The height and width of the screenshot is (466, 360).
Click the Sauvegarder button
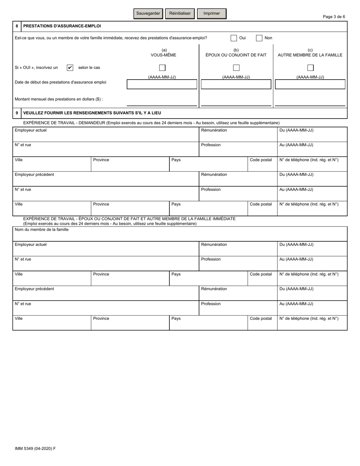pyautogui.click(x=148, y=13)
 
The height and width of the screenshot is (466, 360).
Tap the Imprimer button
pyautogui.click(x=211, y=13)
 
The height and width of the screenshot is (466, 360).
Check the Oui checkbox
pyautogui.click(x=234, y=38)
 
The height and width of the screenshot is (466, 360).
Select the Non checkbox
pyautogui.click(x=259, y=38)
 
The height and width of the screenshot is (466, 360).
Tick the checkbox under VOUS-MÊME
pyautogui.click(x=162, y=68)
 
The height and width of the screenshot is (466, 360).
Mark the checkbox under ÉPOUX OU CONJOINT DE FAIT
pyautogui.click(x=236, y=68)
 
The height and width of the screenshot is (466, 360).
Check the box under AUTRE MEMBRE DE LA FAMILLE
pyautogui.click(x=310, y=68)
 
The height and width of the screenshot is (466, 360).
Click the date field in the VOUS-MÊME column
pyautogui.click(x=162, y=84)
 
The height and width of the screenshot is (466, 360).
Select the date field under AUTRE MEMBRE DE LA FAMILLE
pyautogui.click(x=310, y=84)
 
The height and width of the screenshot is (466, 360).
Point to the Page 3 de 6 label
pyautogui.click(x=333, y=17)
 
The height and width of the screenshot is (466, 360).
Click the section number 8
pyautogui.click(x=17, y=27)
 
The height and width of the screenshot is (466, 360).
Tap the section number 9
pyautogui.click(x=17, y=113)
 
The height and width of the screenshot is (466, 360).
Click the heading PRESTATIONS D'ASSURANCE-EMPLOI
pyautogui.click(x=62, y=27)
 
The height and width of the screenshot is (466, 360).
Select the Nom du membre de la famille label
pyautogui.click(x=42, y=230)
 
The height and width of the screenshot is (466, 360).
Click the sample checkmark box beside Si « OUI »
pyautogui.click(x=70, y=68)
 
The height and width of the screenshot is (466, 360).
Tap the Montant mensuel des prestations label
pyautogui.click(x=59, y=99)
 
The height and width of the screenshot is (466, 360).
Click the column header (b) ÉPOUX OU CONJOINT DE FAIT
pyautogui.click(x=236, y=53)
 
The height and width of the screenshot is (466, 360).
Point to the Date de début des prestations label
pyautogui.click(x=60, y=82)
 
